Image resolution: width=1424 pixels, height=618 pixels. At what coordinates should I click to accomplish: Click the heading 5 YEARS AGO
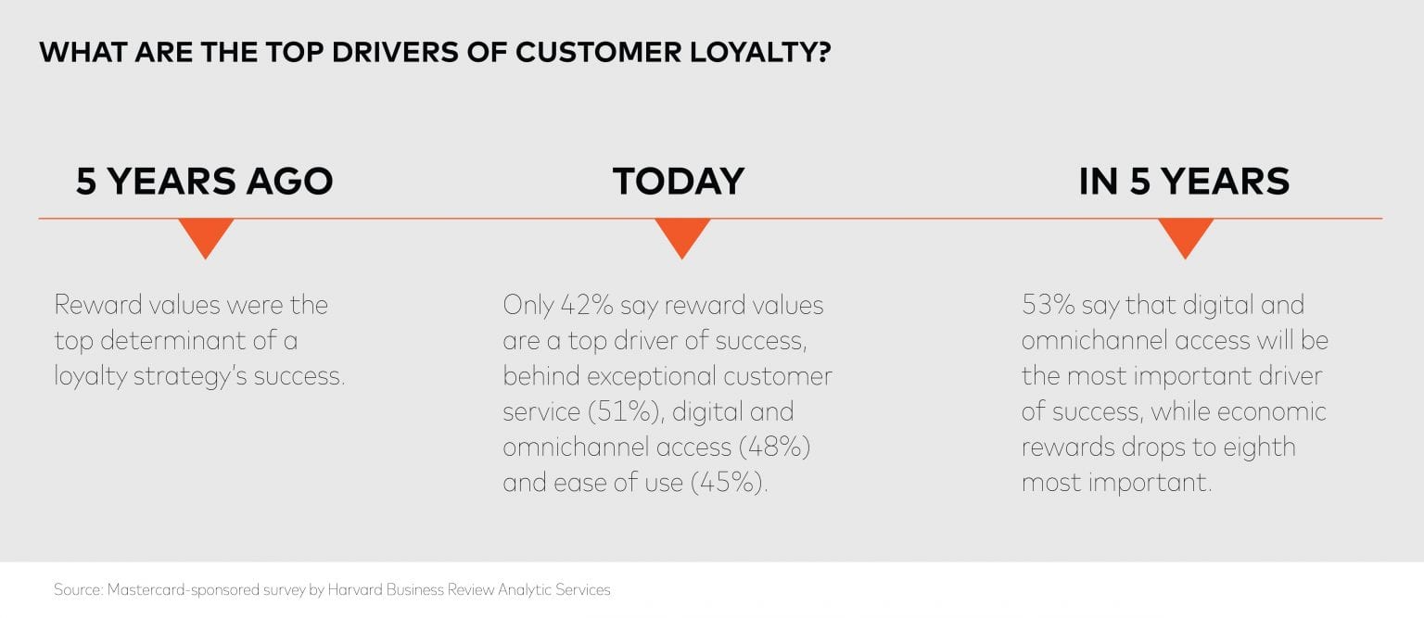[x=204, y=181]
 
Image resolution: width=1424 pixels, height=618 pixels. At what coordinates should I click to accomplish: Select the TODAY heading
[x=679, y=181]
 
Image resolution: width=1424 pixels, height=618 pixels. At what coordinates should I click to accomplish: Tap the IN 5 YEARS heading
[x=1184, y=181]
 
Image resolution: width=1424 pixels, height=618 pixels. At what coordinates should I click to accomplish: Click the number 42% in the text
[x=586, y=306]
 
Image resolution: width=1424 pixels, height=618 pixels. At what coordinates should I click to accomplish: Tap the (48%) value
[x=774, y=448]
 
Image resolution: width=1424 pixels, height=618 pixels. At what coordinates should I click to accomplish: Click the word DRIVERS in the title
[x=395, y=52]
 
